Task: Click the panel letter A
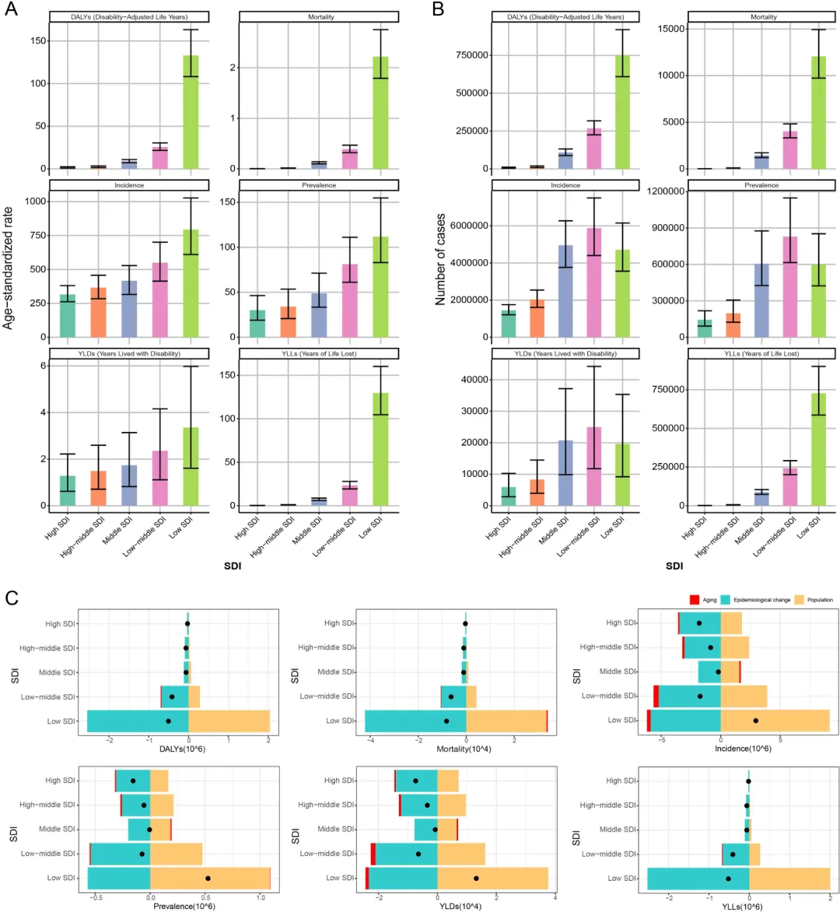coord(11,9)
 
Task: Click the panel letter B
coord(438,9)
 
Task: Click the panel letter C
coord(12,598)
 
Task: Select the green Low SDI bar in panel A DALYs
coord(191,112)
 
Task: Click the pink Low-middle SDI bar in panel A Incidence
coord(160,300)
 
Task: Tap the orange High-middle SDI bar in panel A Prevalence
coord(288,321)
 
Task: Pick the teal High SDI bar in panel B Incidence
coord(509,324)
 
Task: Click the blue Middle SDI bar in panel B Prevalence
coord(761,300)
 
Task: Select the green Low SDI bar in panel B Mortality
coord(818,113)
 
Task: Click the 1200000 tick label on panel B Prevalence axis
coord(666,191)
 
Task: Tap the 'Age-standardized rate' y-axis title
coord(8,268)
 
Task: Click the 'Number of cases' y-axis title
coord(440,259)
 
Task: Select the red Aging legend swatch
coord(694,600)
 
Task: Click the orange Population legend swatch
coord(799,600)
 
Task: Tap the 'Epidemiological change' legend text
coord(761,600)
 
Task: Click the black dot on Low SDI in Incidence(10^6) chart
coord(756,721)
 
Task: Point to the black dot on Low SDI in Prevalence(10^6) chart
coord(208,879)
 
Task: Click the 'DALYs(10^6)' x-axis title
coord(183,749)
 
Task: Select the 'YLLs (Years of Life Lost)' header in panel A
coord(319,353)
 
